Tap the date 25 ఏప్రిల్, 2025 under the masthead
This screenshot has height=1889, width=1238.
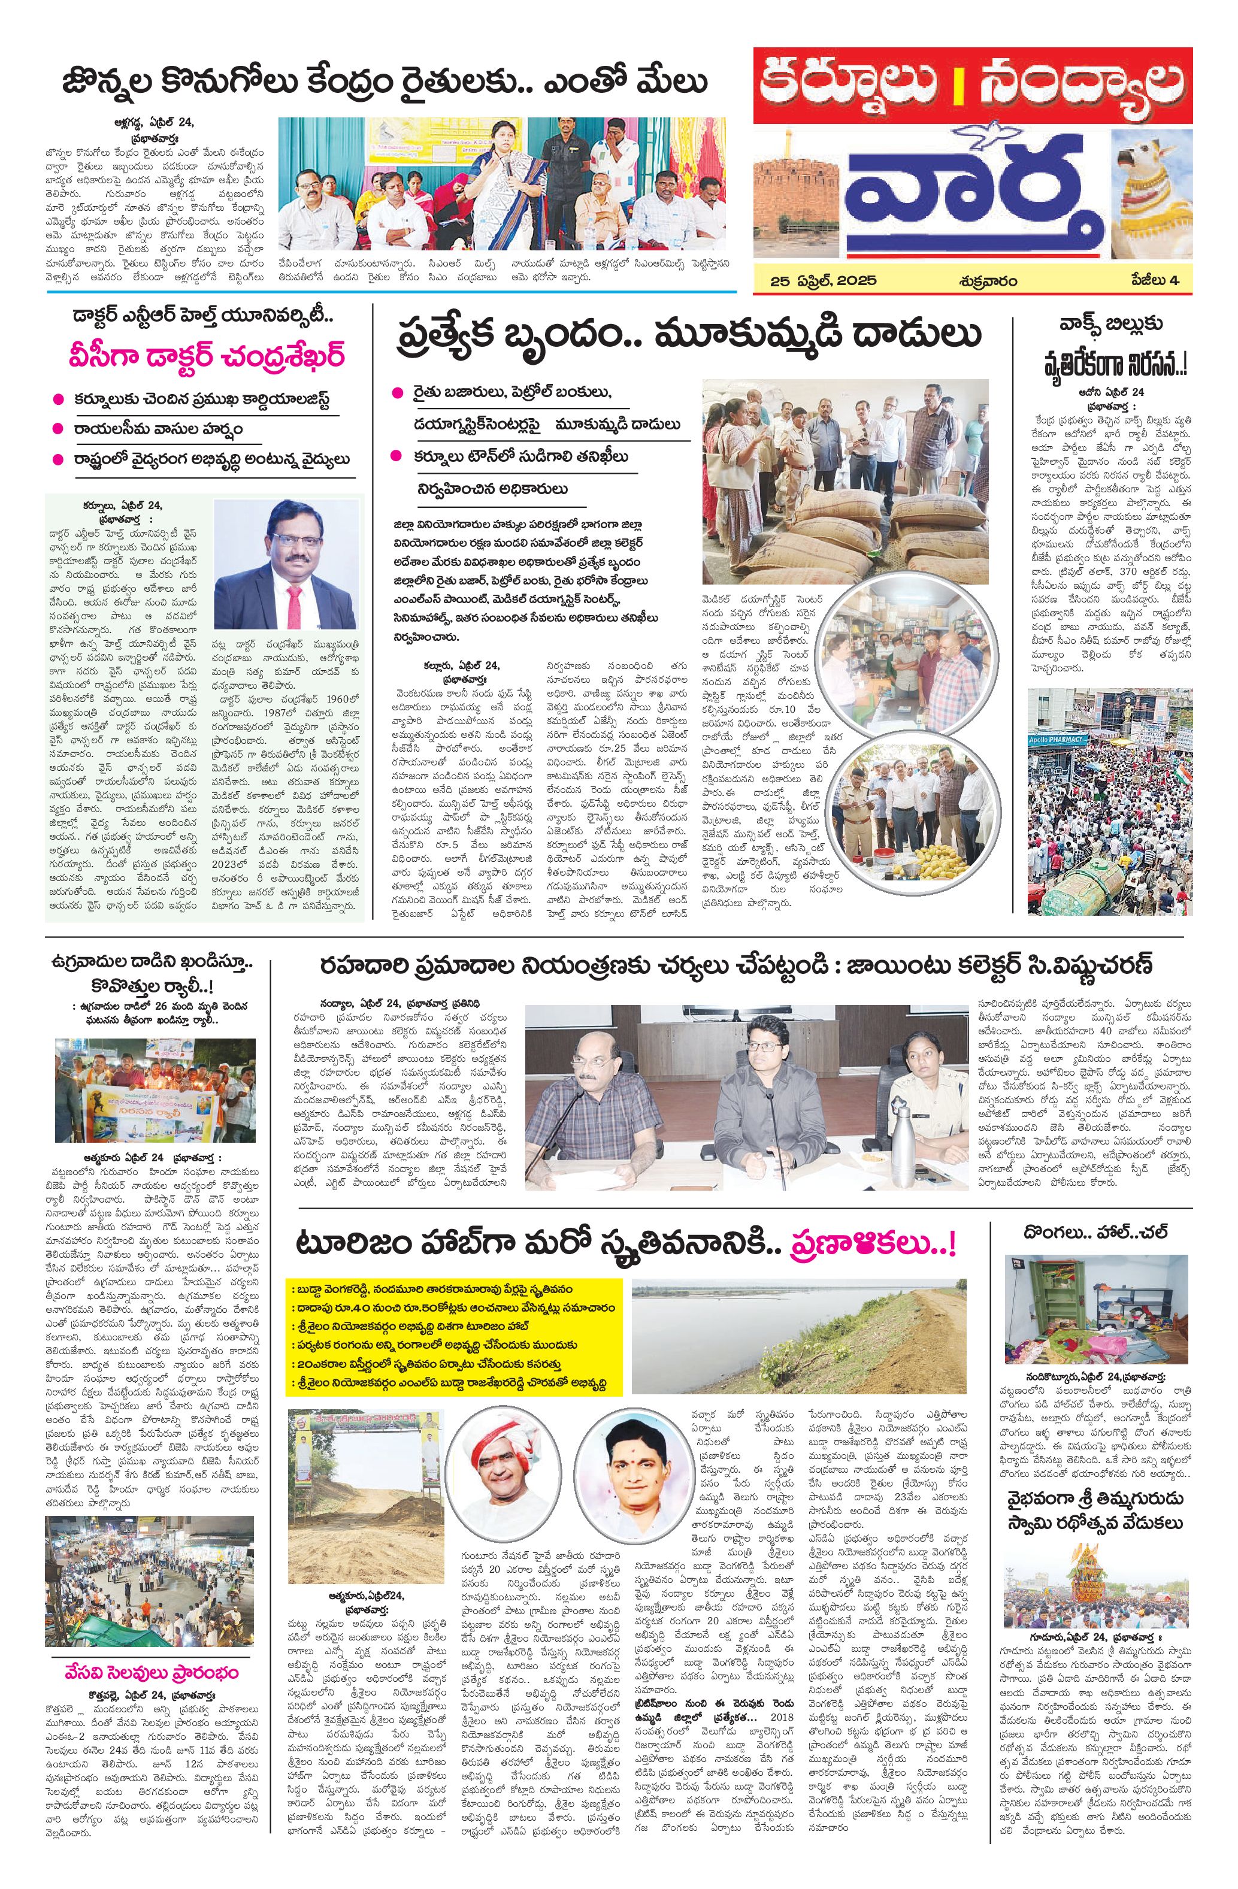click(823, 280)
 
